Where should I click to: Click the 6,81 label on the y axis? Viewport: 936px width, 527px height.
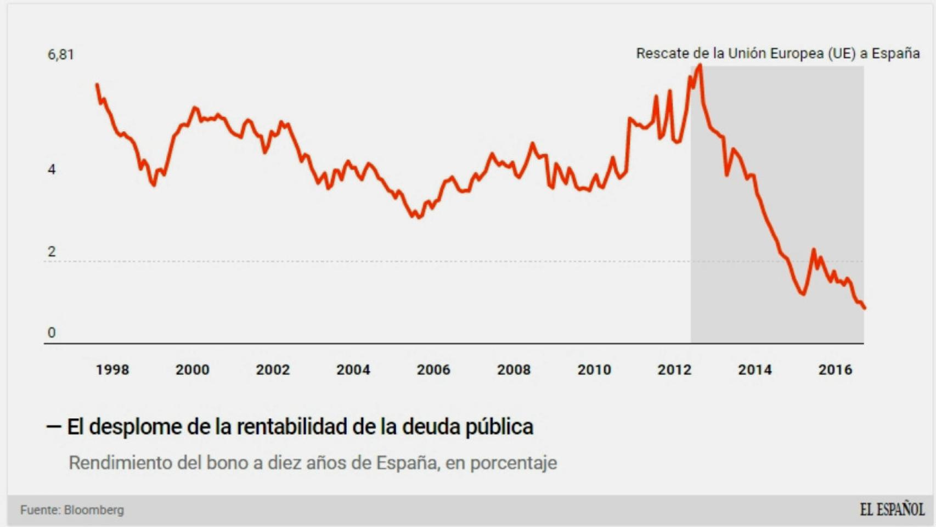click(60, 54)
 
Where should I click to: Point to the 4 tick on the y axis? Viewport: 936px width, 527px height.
click(52, 170)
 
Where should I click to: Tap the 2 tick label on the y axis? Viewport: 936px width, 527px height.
click(52, 251)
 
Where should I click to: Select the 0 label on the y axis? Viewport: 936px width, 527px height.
click(52, 333)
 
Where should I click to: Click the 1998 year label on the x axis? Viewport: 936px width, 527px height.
click(112, 370)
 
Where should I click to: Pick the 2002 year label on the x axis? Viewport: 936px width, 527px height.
click(273, 370)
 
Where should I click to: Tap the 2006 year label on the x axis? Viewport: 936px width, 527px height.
click(433, 370)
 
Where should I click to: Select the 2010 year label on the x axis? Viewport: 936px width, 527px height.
click(594, 370)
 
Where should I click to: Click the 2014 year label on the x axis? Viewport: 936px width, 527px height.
click(755, 370)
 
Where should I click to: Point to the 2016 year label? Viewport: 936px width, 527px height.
click(835, 370)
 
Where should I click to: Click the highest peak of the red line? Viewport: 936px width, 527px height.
click(700, 65)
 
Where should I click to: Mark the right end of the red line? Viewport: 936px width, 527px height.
click(864, 307)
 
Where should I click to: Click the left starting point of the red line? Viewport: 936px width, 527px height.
click(97, 85)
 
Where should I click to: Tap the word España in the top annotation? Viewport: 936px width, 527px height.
click(895, 53)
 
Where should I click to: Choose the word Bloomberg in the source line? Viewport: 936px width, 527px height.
click(94, 510)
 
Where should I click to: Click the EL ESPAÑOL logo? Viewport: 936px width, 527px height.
click(892, 509)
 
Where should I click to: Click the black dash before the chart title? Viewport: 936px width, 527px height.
click(54, 427)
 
